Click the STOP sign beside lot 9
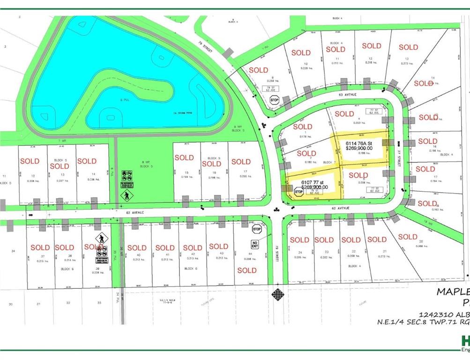coord(274,99)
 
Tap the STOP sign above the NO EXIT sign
coord(256,229)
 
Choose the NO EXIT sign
coord(255,243)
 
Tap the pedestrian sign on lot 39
coord(100,239)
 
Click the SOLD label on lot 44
coord(246,270)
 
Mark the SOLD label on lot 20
coord(408,237)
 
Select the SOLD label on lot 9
coord(258,70)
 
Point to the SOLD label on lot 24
coord(299,240)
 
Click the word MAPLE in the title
coord(453,291)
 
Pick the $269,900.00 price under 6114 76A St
coord(359,149)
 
